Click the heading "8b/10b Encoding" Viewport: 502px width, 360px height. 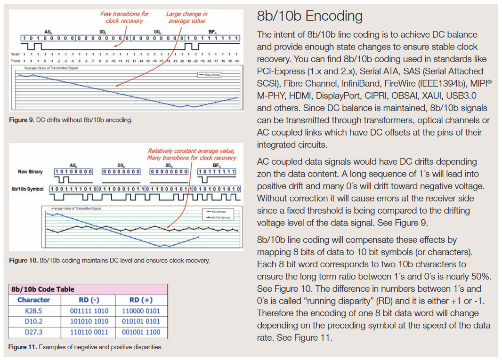(309, 16)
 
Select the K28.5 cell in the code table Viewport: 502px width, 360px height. (33, 311)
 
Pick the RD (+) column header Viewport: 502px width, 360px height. (141, 300)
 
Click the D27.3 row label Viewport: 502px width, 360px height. (33, 332)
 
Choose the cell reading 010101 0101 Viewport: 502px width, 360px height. (141, 321)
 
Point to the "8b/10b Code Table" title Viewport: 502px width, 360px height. (43, 289)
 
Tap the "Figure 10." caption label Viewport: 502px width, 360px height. (23, 260)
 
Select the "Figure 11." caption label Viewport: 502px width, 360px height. (23, 347)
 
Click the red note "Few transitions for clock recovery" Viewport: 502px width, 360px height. (124, 17)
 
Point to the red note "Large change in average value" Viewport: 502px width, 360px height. (186, 17)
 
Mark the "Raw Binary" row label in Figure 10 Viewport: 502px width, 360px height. (30, 172)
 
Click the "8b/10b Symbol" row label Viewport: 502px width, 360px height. (27, 189)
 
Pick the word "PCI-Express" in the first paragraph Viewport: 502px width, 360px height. (281, 71)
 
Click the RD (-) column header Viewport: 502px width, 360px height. (89, 300)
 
